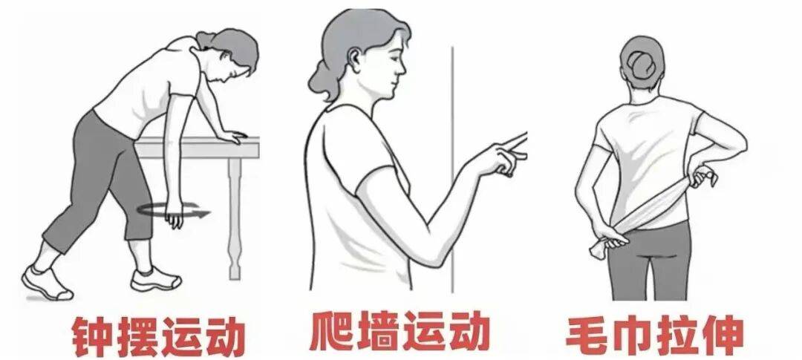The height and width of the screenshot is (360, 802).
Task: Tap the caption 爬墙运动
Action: click(400, 331)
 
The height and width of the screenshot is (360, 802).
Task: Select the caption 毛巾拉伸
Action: click(654, 335)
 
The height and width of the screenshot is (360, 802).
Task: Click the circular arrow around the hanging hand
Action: click(173, 209)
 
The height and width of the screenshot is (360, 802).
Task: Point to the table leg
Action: click(235, 218)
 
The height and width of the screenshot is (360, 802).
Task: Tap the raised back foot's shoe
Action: click(47, 283)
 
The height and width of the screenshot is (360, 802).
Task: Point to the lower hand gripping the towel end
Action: click(608, 240)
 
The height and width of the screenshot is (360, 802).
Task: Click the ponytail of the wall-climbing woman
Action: click(322, 81)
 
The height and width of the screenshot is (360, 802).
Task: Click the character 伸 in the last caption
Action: click(723, 336)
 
